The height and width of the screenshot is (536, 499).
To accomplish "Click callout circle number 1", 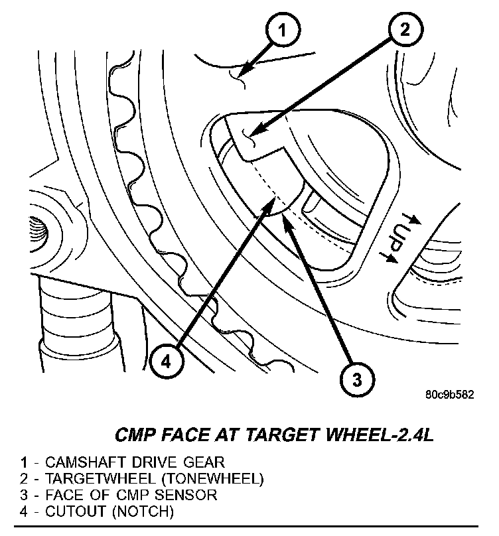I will [283, 31].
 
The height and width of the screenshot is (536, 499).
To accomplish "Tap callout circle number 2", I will [405, 30].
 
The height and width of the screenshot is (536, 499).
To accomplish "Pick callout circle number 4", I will [167, 362].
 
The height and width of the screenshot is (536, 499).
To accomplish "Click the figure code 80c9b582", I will [450, 395].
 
